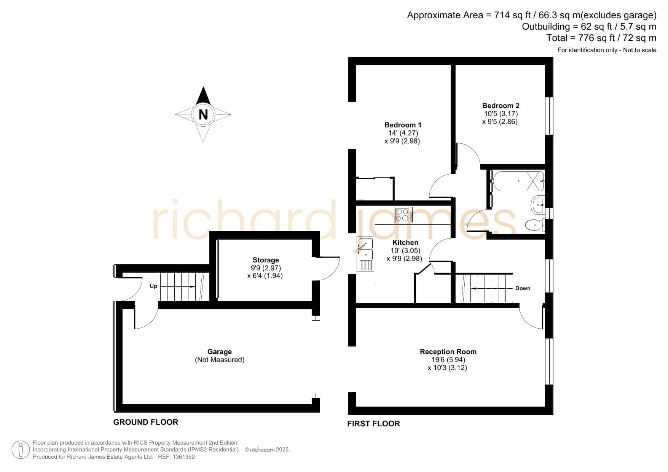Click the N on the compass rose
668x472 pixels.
point(203,114)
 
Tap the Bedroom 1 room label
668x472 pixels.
point(403,125)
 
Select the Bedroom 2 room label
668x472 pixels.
point(501,106)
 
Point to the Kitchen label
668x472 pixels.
point(405,243)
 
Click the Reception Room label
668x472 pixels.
point(448,352)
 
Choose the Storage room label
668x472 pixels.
point(266,260)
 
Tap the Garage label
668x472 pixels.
point(220,352)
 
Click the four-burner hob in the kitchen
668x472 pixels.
point(403,215)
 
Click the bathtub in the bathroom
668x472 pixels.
point(518,181)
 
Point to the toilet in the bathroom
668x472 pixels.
point(535,225)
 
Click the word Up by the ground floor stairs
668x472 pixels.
point(153,286)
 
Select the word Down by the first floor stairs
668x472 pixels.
point(523,288)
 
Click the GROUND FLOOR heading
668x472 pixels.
point(146,422)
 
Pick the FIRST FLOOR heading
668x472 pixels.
point(373,424)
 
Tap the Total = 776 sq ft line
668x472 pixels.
point(601,38)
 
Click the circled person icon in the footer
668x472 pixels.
point(21,450)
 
